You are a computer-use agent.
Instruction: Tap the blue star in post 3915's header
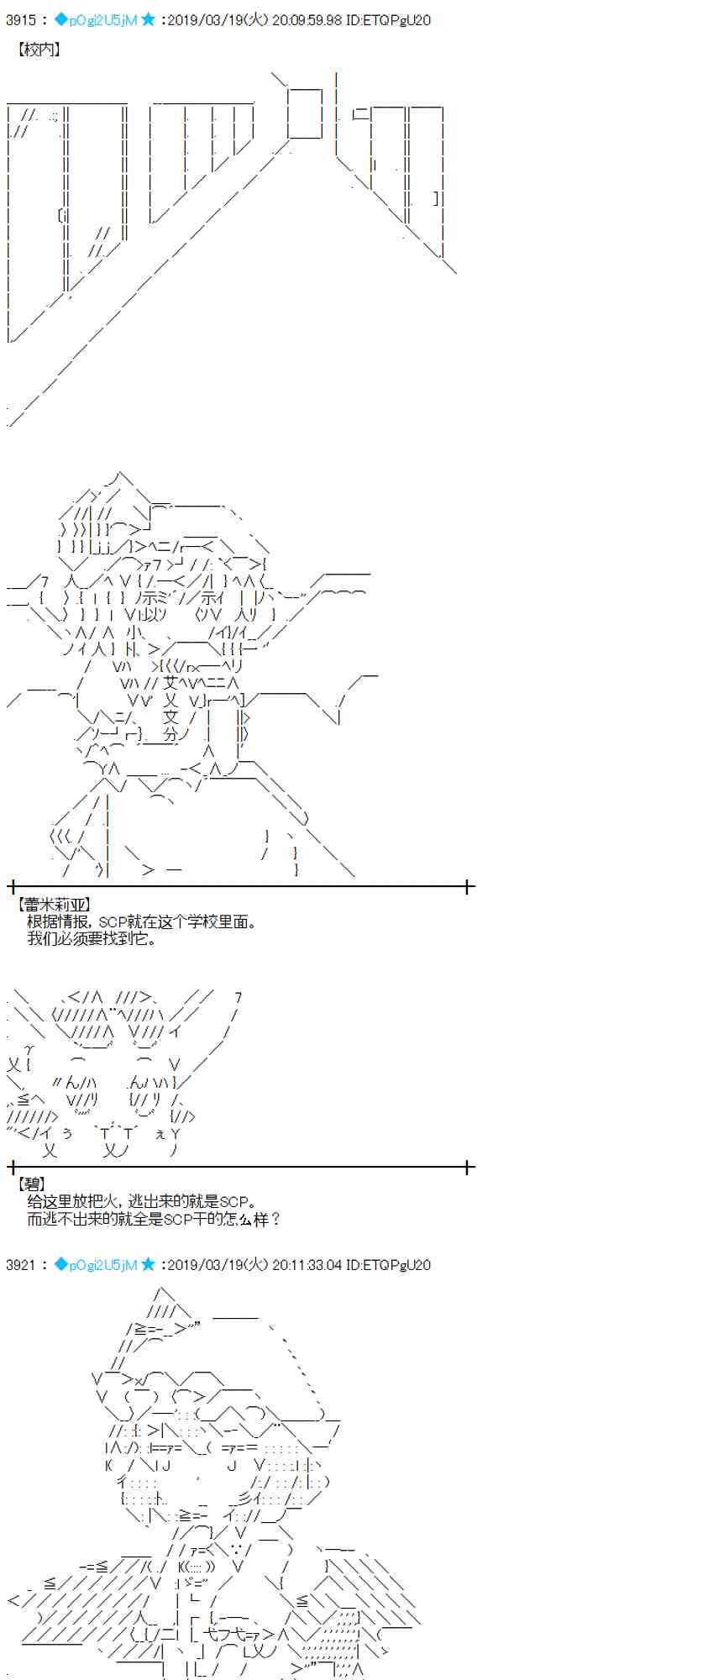(x=148, y=19)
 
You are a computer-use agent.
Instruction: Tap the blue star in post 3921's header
(x=148, y=1265)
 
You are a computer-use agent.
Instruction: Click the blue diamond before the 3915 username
(x=60, y=19)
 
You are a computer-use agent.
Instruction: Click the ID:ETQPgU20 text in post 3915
(x=388, y=19)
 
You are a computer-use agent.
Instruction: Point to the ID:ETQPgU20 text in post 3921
(x=388, y=1265)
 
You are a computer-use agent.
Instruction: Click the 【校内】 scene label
(x=39, y=50)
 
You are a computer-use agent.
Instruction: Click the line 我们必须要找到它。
(x=92, y=937)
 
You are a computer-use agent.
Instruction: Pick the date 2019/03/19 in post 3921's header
(x=202, y=1265)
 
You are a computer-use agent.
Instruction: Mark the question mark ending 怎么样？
(x=275, y=1218)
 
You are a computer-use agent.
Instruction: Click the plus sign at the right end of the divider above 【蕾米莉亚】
(x=469, y=885)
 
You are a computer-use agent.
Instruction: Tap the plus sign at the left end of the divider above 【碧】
(x=13, y=1166)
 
